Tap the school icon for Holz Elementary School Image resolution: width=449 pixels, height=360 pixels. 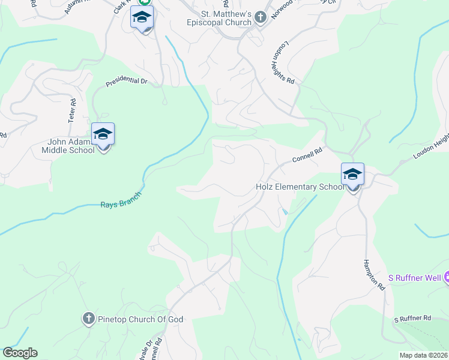pyautogui.click(x=352, y=175)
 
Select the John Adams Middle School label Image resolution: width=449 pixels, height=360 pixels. pyautogui.click(x=71, y=146)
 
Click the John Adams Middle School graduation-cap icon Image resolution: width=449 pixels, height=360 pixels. pyautogui.click(x=103, y=134)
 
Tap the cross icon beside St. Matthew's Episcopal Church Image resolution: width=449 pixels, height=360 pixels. pyautogui.click(x=260, y=17)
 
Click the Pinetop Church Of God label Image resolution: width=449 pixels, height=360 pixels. pyautogui.click(x=140, y=319)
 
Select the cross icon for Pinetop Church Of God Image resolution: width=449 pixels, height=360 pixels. pyautogui.click(x=88, y=319)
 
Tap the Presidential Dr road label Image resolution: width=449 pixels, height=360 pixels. pyautogui.click(x=126, y=81)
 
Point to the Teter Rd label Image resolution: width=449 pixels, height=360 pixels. pyautogui.click(x=71, y=112)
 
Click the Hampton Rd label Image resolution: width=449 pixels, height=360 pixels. pyautogui.click(x=373, y=275)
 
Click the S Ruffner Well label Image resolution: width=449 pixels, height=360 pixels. pyautogui.click(x=415, y=278)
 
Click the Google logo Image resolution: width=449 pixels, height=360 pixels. pyautogui.click(x=20, y=353)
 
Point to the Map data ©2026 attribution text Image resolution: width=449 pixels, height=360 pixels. pyautogui.click(x=423, y=355)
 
